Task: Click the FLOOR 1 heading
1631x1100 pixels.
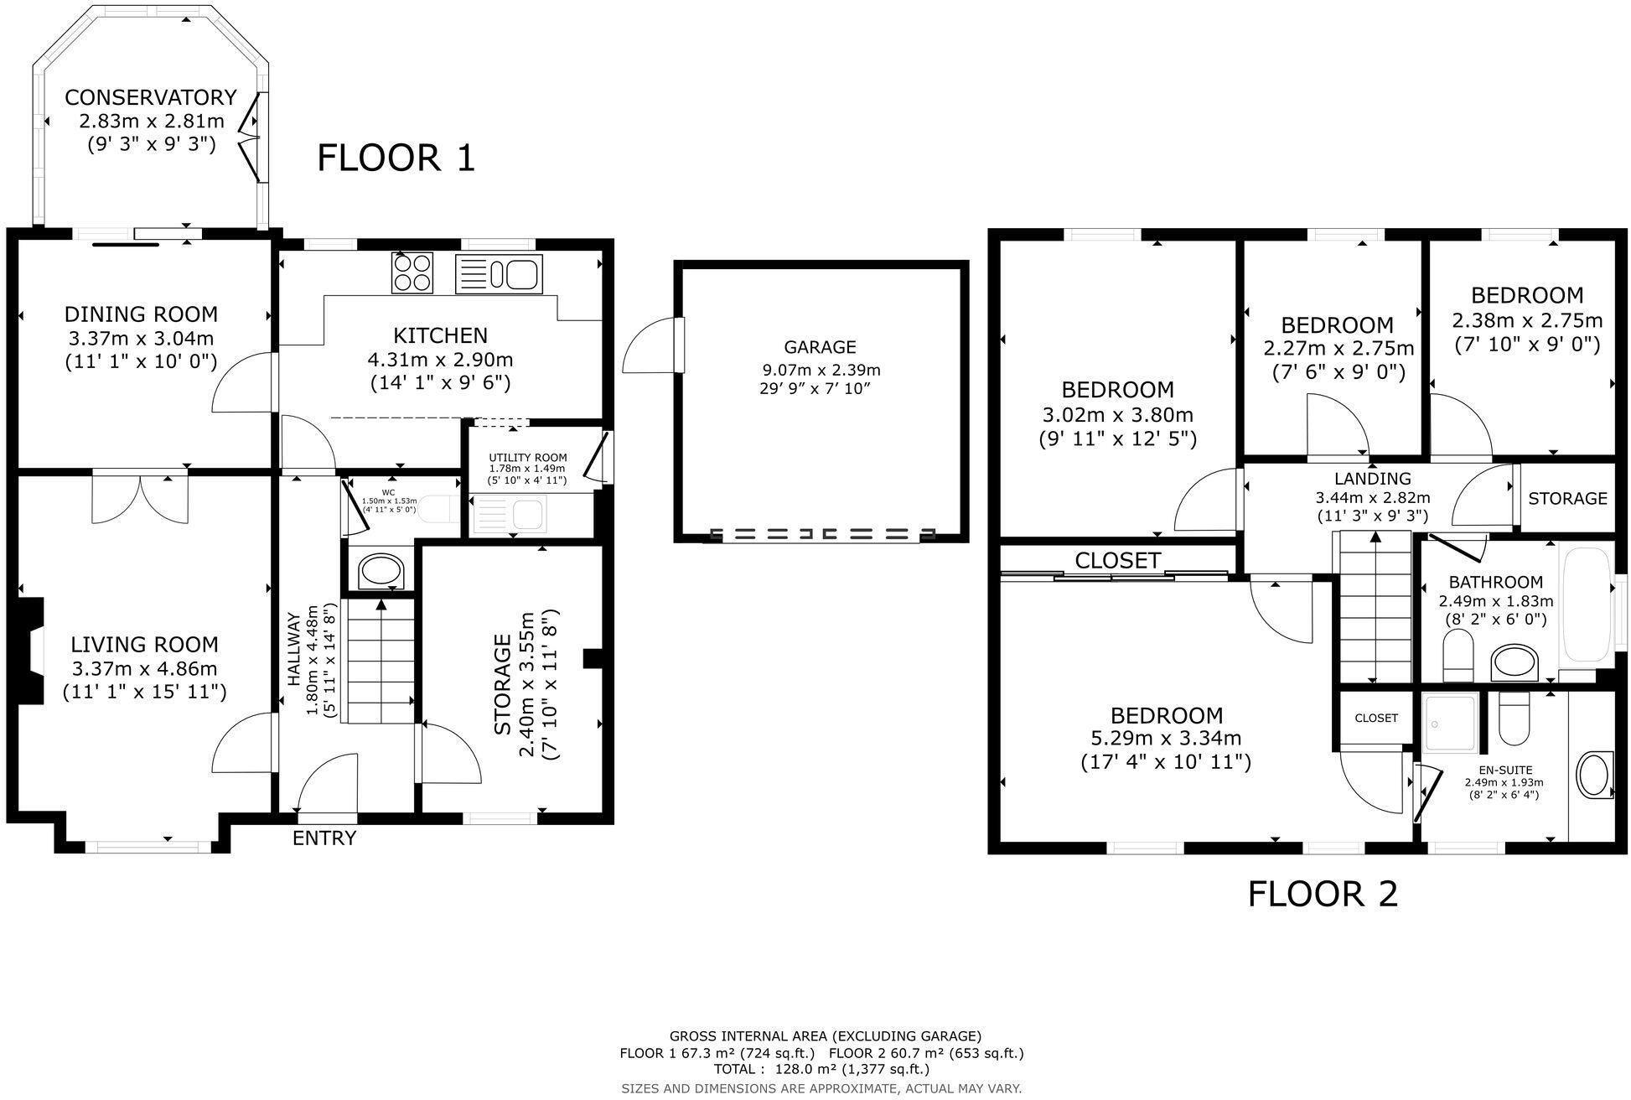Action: click(x=396, y=158)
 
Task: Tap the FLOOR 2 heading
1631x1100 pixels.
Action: click(x=1322, y=894)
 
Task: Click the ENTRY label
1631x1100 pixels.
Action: click(x=324, y=838)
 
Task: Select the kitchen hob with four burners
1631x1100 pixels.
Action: click(x=412, y=273)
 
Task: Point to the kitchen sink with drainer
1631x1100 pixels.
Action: click(x=500, y=274)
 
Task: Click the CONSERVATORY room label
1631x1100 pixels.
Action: click(x=151, y=97)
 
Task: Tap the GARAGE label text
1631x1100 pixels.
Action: click(x=820, y=346)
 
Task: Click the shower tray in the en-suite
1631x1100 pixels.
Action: click(x=1450, y=724)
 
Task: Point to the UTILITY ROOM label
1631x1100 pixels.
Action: click(x=528, y=458)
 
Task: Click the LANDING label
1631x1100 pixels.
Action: click(x=1372, y=479)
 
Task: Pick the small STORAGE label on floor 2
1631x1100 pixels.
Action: click(x=1566, y=499)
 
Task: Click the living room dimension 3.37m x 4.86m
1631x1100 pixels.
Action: click(x=144, y=668)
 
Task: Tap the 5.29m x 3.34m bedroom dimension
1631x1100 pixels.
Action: click(x=1166, y=739)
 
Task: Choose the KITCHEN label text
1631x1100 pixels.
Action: click(x=440, y=335)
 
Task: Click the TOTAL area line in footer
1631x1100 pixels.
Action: click(x=821, y=1069)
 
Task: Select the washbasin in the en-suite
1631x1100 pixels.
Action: click(x=1594, y=775)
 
